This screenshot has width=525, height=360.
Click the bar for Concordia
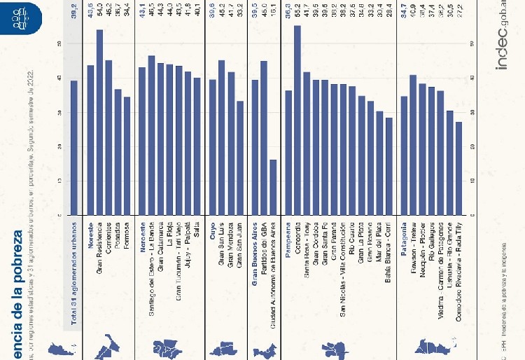click(x=297, y=120)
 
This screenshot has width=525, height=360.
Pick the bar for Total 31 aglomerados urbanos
click(x=74, y=148)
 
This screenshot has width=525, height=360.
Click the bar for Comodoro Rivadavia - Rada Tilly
click(x=459, y=168)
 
